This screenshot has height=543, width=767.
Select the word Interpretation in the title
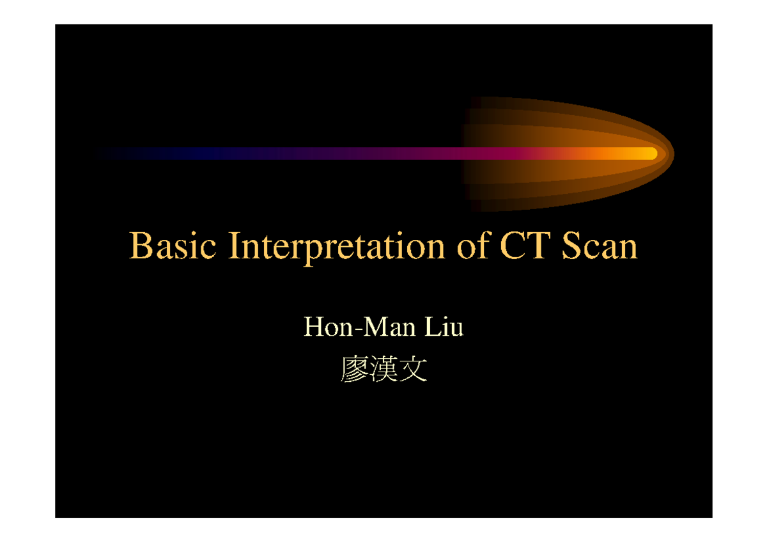click(336, 248)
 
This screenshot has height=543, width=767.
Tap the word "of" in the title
click(472, 246)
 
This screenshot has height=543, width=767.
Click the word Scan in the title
click(599, 246)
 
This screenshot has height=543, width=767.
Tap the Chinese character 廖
click(354, 370)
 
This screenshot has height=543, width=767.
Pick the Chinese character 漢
click(383, 370)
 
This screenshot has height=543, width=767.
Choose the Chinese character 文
click(412, 370)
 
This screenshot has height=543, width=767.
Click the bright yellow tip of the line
click(649, 153)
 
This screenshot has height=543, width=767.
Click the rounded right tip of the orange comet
click(671, 153)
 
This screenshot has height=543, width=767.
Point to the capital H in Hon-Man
click(313, 327)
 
